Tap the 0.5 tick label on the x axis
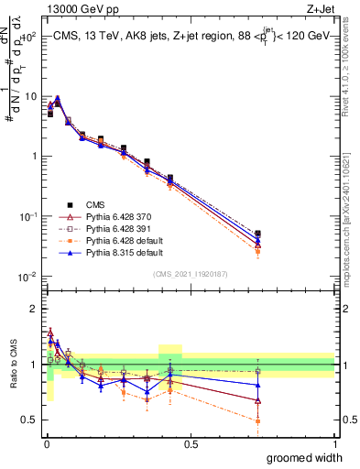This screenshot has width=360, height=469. (191, 444)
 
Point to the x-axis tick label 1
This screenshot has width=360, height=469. (334, 444)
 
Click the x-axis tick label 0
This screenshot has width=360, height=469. (46, 444)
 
